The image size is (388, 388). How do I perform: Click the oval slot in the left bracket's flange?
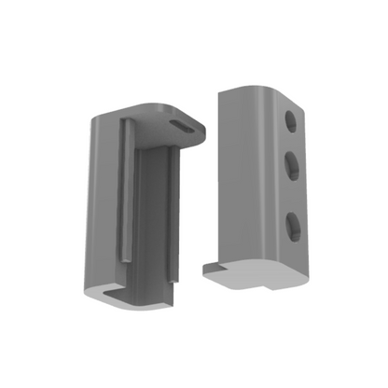[178, 123]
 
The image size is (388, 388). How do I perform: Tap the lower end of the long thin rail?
[123, 255]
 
